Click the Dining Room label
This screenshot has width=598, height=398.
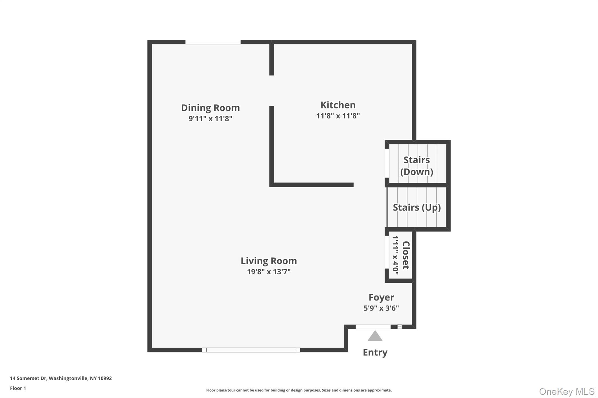(x=210, y=108)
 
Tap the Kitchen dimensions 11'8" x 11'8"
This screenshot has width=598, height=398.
(x=338, y=116)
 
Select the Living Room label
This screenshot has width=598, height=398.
(x=269, y=261)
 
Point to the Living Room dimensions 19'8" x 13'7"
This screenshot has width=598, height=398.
(x=269, y=272)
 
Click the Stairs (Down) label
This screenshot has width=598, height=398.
(x=416, y=166)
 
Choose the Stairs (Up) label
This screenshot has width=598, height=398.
(x=416, y=208)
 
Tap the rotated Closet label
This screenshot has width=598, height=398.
(x=406, y=255)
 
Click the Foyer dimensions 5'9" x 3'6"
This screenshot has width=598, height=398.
(x=381, y=308)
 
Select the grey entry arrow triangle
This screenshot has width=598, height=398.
(x=375, y=336)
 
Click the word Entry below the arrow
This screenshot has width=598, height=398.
(x=375, y=353)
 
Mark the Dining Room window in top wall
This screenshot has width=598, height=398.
(x=213, y=42)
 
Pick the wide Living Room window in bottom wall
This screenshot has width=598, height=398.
(x=251, y=350)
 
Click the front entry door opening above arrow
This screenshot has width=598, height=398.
(x=373, y=327)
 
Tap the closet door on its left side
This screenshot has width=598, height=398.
(x=387, y=252)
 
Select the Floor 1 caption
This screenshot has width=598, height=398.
(x=18, y=388)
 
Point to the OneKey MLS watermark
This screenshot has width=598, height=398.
(x=566, y=391)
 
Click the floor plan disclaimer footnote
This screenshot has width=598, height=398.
(x=299, y=390)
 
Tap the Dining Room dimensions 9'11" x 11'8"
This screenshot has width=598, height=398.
(x=210, y=119)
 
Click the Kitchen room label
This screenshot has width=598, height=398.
(x=338, y=105)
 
